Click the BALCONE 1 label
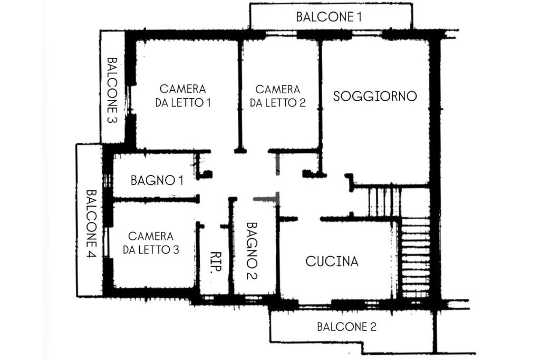point(329,17)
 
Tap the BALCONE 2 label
point(346,327)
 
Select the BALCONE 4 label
point(90,224)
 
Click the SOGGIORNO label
point(375,96)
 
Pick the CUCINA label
point(332,261)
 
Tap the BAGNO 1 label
point(157,181)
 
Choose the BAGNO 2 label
point(251,250)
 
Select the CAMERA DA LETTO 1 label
point(183,96)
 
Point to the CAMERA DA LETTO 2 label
point(278,96)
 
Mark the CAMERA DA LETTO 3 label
point(151,242)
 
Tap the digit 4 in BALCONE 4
point(90,254)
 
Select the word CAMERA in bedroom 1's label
point(183,89)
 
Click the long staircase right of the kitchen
point(416,258)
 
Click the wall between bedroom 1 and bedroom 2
point(240,95)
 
